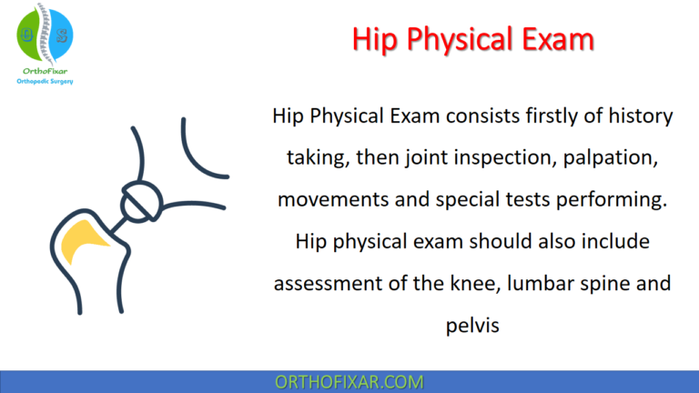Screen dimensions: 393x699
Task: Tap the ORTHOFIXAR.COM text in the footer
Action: pyautogui.click(x=349, y=382)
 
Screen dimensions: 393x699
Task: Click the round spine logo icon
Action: pyautogui.click(x=45, y=33)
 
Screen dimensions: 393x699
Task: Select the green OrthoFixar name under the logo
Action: pyautogui.click(x=45, y=69)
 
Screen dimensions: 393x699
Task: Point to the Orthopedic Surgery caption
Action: pyautogui.click(x=45, y=81)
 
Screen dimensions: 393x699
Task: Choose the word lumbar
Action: pyautogui.click(x=536, y=283)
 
